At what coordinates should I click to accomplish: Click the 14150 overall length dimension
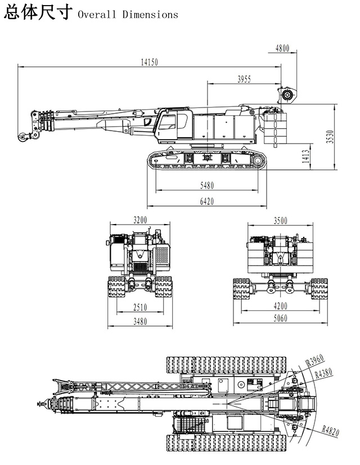point(149,62)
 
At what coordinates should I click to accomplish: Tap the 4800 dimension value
point(282,48)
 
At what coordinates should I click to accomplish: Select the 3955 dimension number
point(244,79)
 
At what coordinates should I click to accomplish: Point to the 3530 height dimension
point(330,137)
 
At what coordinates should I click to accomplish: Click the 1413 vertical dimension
point(306,157)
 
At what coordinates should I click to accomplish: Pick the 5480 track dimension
point(207,186)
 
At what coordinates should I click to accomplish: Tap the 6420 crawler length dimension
point(207,202)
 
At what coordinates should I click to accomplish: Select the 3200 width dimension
point(140,220)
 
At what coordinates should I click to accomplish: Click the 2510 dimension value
point(140,307)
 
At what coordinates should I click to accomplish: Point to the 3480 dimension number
point(140,321)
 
